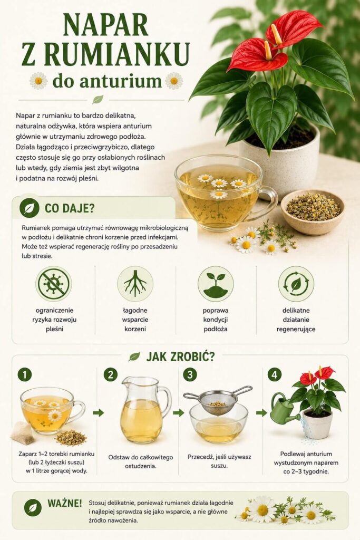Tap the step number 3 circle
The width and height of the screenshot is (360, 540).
[x=190, y=375]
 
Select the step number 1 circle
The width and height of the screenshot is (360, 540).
[x=25, y=375]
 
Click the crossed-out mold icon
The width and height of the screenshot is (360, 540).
[x=53, y=284]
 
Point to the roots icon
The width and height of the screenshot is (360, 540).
[x=135, y=284]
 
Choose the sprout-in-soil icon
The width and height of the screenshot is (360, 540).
[x=216, y=284]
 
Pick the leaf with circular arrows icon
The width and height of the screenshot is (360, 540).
[x=296, y=284]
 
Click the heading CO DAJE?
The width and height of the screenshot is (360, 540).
[x=70, y=208]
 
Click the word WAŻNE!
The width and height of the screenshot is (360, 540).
[x=65, y=503]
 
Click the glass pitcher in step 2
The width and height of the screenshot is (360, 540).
[x=144, y=410]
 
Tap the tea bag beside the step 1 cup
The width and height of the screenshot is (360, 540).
[x=23, y=433]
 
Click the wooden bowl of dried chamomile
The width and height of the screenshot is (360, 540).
[x=313, y=212]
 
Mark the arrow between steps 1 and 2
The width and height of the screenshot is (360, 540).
[x=99, y=412]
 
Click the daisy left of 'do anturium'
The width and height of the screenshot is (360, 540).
[x=38, y=81]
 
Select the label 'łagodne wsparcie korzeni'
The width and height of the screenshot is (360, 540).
[x=135, y=320]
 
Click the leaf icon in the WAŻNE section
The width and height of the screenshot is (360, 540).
[x=33, y=508]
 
